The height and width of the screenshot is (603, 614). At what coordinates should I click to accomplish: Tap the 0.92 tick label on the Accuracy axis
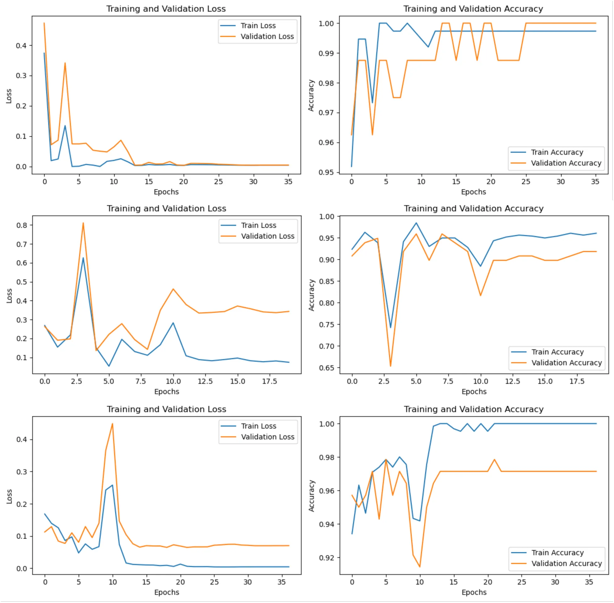click(x=326, y=558)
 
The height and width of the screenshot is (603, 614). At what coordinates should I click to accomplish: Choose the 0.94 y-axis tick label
click(x=326, y=524)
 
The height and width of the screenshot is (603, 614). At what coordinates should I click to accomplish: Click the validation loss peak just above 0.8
click(x=83, y=223)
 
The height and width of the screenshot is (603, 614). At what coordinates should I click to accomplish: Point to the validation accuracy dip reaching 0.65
click(x=390, y=367)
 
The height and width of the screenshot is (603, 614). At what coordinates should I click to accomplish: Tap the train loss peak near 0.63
click(x=83, y=258)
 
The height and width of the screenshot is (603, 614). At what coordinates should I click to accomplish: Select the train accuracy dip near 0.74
click(x=390, y=328)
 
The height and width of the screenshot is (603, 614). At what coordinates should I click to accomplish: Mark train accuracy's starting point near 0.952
click(x=351, y=166)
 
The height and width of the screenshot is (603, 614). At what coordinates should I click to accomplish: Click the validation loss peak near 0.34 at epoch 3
click(x=65, y=63)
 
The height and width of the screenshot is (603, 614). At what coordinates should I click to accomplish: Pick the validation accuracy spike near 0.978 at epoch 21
click(x=494, y=459)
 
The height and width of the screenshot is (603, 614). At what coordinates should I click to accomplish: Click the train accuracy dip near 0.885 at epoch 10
click(x=481, y=266)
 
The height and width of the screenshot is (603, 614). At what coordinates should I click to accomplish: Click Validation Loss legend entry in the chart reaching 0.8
click(x=267, y=236)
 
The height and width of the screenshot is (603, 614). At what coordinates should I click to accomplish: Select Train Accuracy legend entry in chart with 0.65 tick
click(x=557, y=352)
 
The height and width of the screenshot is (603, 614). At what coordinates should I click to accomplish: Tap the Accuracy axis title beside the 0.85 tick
click(x=311, y=295)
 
